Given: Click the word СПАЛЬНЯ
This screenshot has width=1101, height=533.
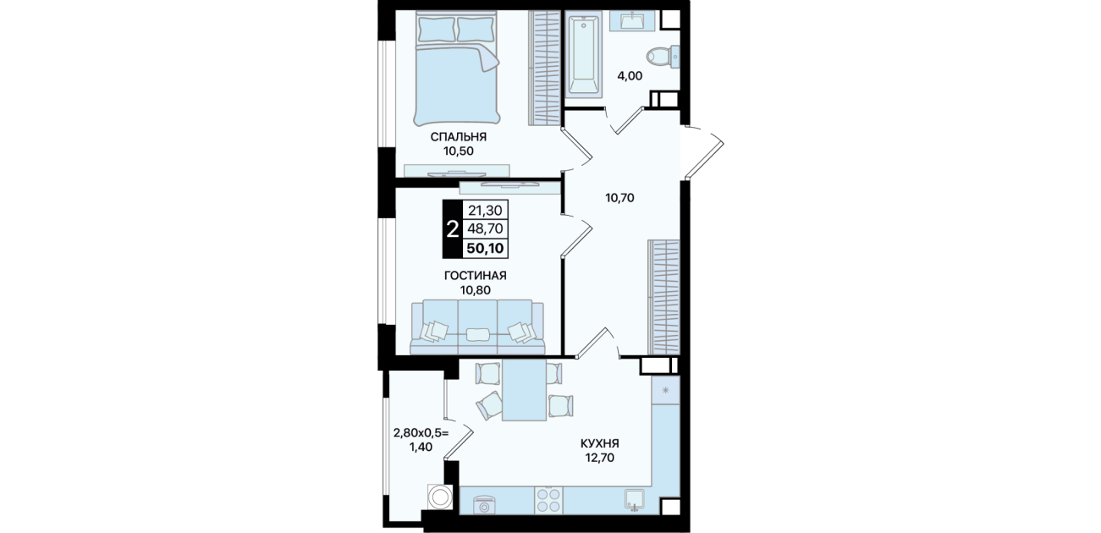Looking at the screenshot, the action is (x=459, y=136).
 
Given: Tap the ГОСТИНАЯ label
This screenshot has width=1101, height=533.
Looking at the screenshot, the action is (x=476, y=276).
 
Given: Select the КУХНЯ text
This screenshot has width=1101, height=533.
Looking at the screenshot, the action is (x=600, y=443).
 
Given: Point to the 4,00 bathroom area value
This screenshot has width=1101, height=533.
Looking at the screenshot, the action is (x=630, y=76).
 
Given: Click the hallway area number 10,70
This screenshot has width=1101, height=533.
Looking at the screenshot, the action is (x=619, y=198).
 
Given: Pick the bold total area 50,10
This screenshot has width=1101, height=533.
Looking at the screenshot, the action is (x=485, y=248).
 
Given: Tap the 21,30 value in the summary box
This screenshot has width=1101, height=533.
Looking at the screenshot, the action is (x=485, y=211).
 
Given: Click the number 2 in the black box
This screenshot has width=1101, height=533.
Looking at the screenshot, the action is (x=452, y=229).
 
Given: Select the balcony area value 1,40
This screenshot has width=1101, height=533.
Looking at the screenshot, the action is (x=421, y=447).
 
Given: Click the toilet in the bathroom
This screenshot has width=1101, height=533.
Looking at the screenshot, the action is (x=663, y=57).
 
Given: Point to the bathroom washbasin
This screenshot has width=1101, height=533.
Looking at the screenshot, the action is (x=632, y=20).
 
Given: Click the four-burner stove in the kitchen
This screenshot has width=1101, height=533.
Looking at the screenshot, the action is (x=548, y=501).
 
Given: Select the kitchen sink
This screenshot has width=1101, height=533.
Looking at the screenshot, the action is (x=637, y=500).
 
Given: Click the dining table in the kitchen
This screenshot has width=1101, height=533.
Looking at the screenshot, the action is (x=525, y=391).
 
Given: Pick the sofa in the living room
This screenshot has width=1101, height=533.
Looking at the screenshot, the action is (x=477, y=327).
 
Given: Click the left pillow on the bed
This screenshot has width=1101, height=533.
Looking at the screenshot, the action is (x=436, y=29).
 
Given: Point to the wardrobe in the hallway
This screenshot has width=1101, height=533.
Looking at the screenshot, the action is (x=664, y=297).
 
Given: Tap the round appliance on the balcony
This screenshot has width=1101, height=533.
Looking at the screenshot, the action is (x=439, y=496).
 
